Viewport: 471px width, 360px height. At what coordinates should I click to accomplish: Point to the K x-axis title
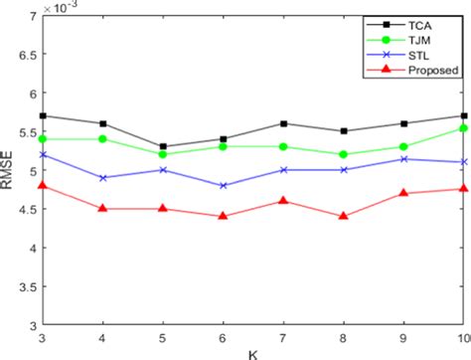(253, 352)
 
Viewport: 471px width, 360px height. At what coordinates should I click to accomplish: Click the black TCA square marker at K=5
(162, 147)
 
